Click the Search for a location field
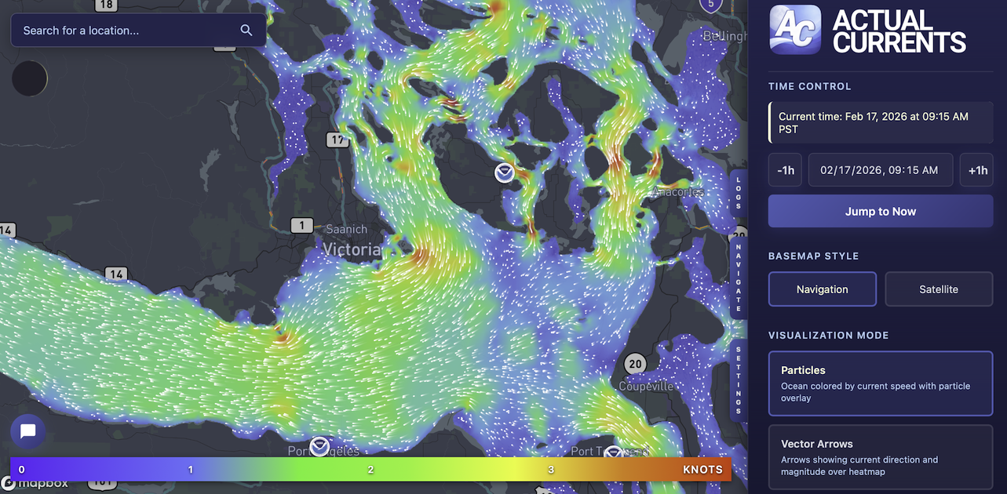pos(126,31)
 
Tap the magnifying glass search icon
pos(246,31)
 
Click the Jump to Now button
pos(880,212)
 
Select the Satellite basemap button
pos(939,289)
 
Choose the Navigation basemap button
pos(822,289)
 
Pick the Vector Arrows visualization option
pos(880,455)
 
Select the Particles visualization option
pos(880,383)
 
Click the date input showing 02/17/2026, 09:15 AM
pos(880,170)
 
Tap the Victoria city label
pos(352,250)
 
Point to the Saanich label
pos(346,230)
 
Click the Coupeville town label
pos(646,387)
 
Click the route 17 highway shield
pos(337,140)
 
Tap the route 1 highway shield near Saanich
pos(301,226)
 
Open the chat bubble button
pos(28,431)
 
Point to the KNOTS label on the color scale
pos(702,470)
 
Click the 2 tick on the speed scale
pos(370,470)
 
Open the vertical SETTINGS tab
pos(738,380)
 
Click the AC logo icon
pos(795,31)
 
